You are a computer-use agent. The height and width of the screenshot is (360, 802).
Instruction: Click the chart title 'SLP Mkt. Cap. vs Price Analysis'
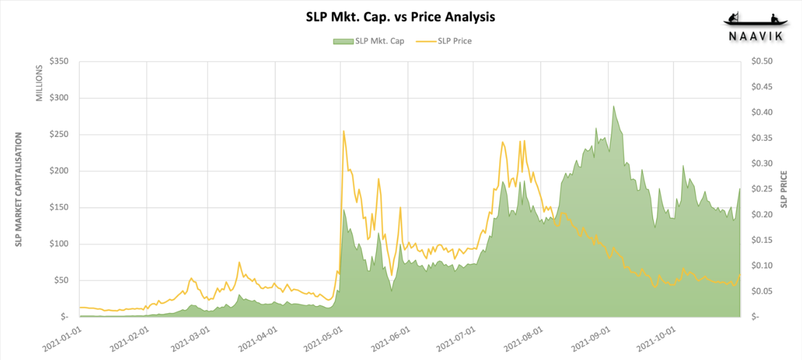coord(400,17)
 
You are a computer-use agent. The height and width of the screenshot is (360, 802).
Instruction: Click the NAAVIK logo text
coord(754,37)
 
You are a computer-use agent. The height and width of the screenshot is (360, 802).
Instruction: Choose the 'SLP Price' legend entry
coord(454,41)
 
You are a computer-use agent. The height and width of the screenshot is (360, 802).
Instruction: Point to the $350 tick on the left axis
coord(58,61)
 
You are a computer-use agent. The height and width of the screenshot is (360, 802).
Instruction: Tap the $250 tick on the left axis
coord(58,134)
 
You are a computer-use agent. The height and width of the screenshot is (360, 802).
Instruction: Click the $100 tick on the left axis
coord(58,244)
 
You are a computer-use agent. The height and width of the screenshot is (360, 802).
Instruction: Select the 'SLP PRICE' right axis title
coord(784,189)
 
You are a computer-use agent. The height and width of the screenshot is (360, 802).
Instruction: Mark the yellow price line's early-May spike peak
coord(343,131)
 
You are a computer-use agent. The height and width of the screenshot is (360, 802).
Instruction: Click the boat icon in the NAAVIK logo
coord(754,20)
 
